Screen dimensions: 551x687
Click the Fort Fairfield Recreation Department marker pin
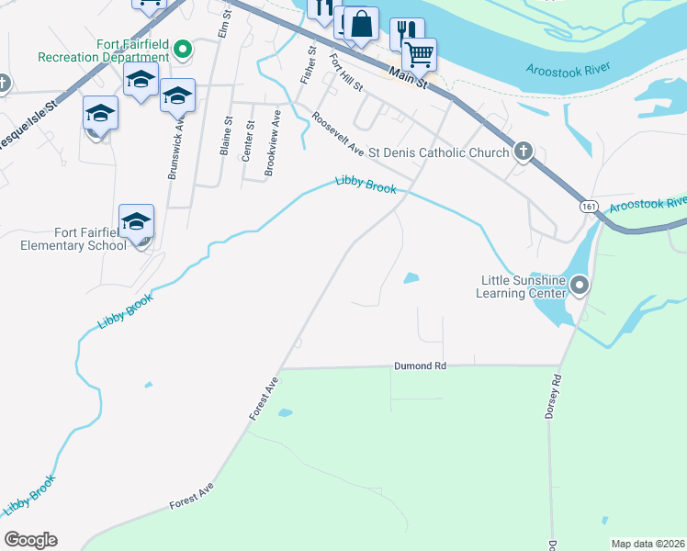click(x=182, y=50)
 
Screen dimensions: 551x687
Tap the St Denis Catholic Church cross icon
click(x=523, y=152)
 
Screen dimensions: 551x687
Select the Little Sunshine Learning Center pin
click(x=579, y=286)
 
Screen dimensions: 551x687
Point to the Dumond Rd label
click(x=420, y=365)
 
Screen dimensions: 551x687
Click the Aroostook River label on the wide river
click(x=569, y=70)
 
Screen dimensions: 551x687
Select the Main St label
click(x=408, y=76)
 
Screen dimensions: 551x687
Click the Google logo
click(x=30, y=540)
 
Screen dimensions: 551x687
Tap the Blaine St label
click(x=226, y=136)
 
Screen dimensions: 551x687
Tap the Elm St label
click(x=222, y=25)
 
